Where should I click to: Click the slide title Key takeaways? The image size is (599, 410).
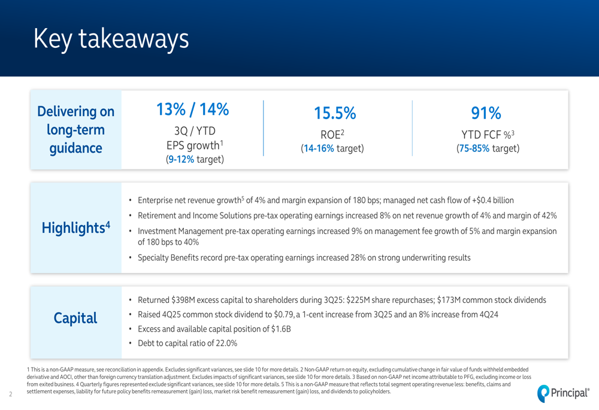coord(111,38)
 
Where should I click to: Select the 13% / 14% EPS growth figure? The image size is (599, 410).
coord(193,110)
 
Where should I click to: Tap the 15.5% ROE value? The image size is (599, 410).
coord(335,113)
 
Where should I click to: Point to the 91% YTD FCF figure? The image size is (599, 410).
coord(486,113)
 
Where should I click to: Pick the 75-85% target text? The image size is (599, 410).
coord(474,148)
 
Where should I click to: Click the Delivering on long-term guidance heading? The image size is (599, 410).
coord(75,130)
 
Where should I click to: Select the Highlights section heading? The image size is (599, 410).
coord(75,228)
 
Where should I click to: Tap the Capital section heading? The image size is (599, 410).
coord(75,318)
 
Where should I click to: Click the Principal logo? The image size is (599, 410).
coord(563,392)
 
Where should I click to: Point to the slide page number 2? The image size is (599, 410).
coord(11,394)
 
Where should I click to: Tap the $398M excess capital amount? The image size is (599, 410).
coord(184,300)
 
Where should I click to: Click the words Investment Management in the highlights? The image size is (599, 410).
coord(174,231)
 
